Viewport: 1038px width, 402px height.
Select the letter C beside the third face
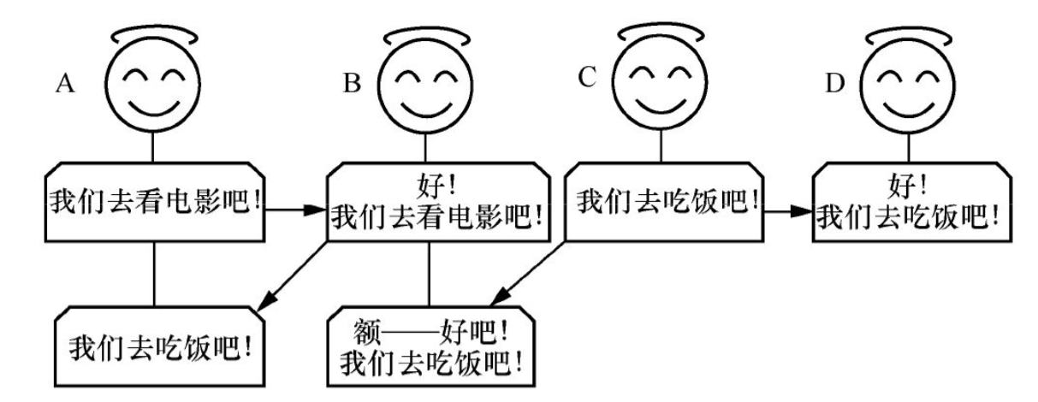(586, 78)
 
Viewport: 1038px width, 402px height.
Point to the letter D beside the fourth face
(832, 86)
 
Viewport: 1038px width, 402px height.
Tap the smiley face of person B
(424, 89)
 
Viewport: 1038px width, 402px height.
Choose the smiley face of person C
(661, 86)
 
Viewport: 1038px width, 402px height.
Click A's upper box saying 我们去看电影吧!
(154, 202)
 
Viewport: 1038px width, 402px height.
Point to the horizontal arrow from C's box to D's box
(786, 209)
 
